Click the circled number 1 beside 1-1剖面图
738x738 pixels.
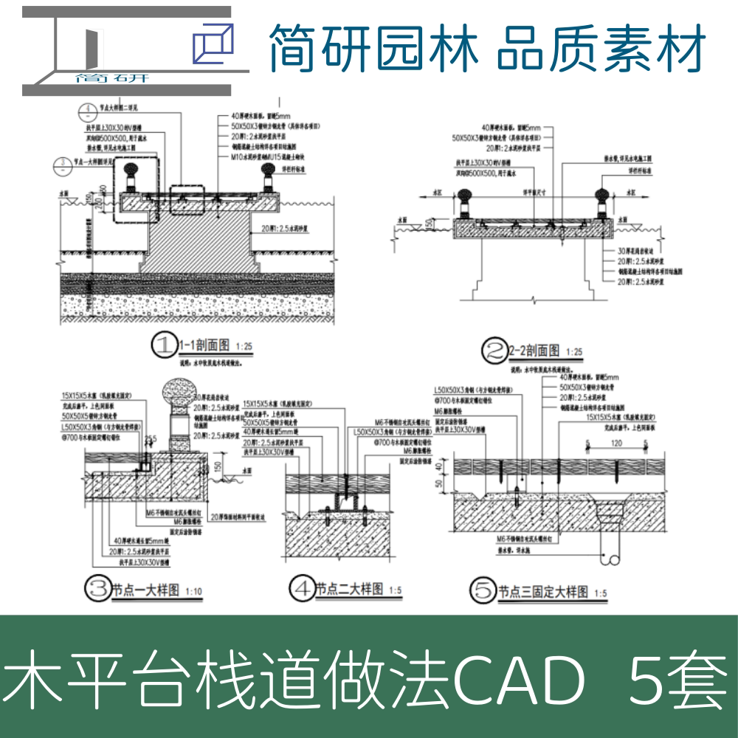coord(163,345)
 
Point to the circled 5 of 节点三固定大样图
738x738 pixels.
coord(483,591)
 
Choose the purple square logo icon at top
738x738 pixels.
coord(212,43)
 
